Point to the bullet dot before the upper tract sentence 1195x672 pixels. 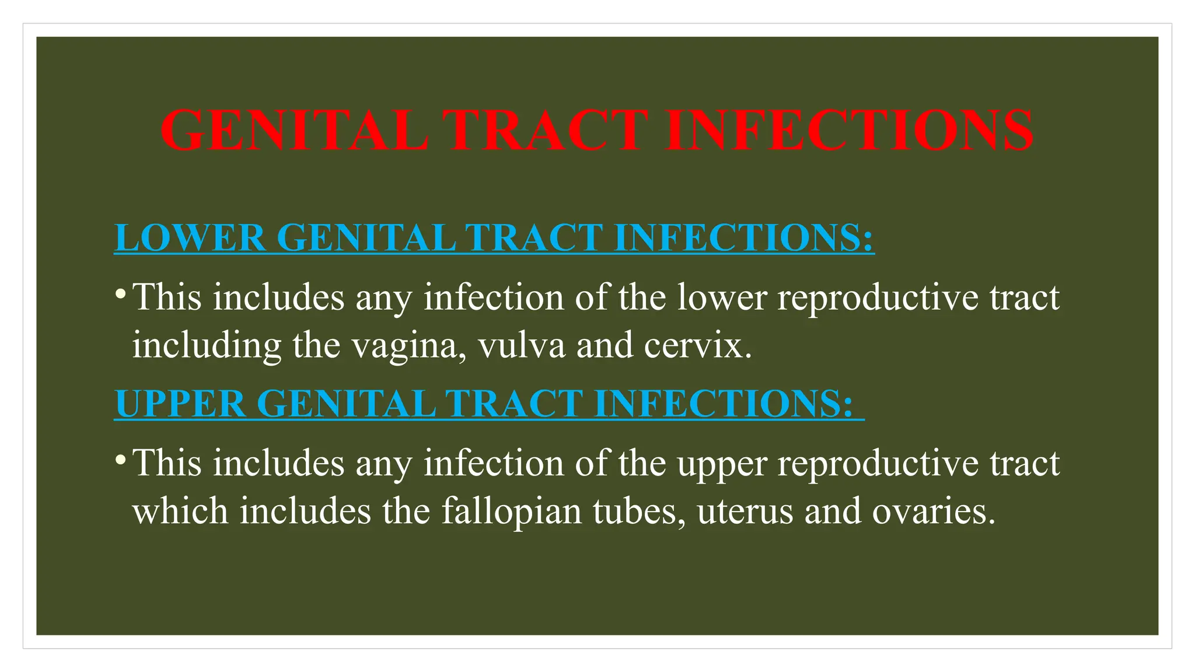pos(120,458)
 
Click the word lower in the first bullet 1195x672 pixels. pos(722,297)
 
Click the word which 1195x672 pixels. pos(180,511)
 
